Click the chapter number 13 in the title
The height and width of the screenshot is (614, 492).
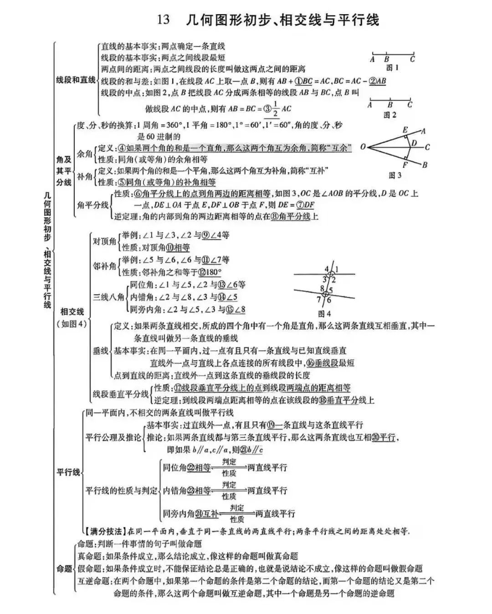pos(163,20)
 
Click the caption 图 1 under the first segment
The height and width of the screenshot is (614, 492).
pos(392,68)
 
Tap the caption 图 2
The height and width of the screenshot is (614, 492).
pos(389,115)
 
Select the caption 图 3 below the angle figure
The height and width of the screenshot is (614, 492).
pos(395,175)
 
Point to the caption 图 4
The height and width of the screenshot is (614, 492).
pos(324,313)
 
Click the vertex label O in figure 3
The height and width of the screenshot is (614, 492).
pos(363,147)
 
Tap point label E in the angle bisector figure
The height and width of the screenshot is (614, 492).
pos(405,130)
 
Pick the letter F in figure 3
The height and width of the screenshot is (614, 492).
pos(405,165)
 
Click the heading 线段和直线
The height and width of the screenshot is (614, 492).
pos(76,80)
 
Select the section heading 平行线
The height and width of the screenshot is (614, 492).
pos(68,472)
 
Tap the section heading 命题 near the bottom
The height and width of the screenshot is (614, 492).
pos(64,568)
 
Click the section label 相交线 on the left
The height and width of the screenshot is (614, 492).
pos(72,312)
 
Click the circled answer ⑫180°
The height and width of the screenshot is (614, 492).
pos(210,272)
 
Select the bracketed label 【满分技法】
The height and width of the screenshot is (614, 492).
pos(104,531)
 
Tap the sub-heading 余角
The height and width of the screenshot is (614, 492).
pos(85,153)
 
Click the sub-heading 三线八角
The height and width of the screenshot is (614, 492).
pos(108,297)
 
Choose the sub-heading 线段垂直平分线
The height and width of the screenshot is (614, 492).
pos(121,394)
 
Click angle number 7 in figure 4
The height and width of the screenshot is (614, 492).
pos(319,299)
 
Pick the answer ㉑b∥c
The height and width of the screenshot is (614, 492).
pos(252,450)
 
